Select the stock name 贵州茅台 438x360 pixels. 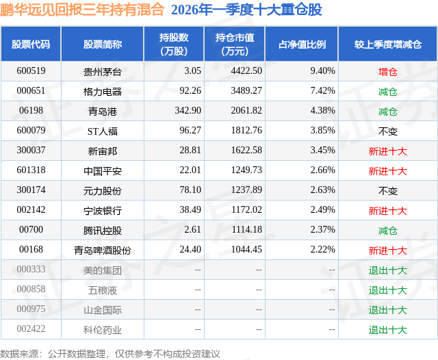click(x=103, y=71)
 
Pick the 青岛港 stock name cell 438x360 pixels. click(x=103, y=111)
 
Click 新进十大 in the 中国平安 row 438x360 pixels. click(x=387, y=171)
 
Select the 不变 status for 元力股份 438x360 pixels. click(x=387, y=191)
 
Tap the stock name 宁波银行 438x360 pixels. click(x=103, y=211)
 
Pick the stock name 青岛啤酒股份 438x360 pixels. click(x=103, y=250)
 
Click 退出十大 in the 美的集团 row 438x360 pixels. click(x=387, y=270)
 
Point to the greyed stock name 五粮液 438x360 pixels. click(x=103, y=290)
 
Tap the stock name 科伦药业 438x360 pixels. click(x=103, y=330)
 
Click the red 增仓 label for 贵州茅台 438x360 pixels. click(x=387, y=71)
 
